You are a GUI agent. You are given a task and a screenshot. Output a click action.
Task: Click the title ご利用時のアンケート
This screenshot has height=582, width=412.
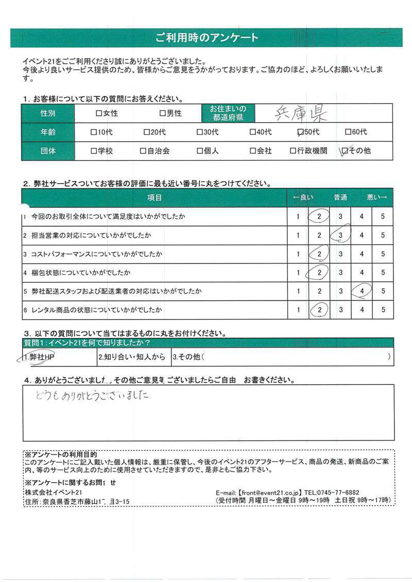click(x=206, y=38)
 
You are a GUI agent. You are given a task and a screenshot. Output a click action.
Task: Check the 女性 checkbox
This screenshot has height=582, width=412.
click(x=98, y=113)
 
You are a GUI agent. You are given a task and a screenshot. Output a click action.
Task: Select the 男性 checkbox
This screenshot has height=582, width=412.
click(x=162, y=113)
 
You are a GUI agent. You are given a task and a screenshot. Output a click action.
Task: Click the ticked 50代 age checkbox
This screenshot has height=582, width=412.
click(x=301, y=132)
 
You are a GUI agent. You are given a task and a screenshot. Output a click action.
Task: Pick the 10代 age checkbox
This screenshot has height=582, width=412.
click(x=93, y=132)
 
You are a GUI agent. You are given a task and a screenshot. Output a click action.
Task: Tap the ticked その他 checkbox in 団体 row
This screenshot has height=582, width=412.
click(x=345, y=151)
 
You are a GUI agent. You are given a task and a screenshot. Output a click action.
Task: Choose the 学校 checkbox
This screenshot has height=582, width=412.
click(x=93, y=151)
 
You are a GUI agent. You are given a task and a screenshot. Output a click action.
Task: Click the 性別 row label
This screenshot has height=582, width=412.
click(x=48, y=113)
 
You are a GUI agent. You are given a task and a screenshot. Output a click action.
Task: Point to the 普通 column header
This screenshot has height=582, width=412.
click(x=340, y=198)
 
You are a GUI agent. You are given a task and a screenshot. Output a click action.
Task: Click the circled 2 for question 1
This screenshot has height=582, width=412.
click(x=319, y=217)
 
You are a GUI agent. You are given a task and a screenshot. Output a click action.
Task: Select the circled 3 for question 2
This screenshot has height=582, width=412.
click(x=340, y=235)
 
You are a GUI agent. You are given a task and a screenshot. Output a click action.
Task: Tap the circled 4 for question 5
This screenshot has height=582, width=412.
click(x=362, y=291)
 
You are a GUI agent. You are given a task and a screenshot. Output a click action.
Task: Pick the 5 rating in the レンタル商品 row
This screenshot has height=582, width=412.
click(x=383, y=310)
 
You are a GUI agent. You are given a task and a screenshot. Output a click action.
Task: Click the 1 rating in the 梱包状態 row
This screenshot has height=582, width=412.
click(x=298, y=273)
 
